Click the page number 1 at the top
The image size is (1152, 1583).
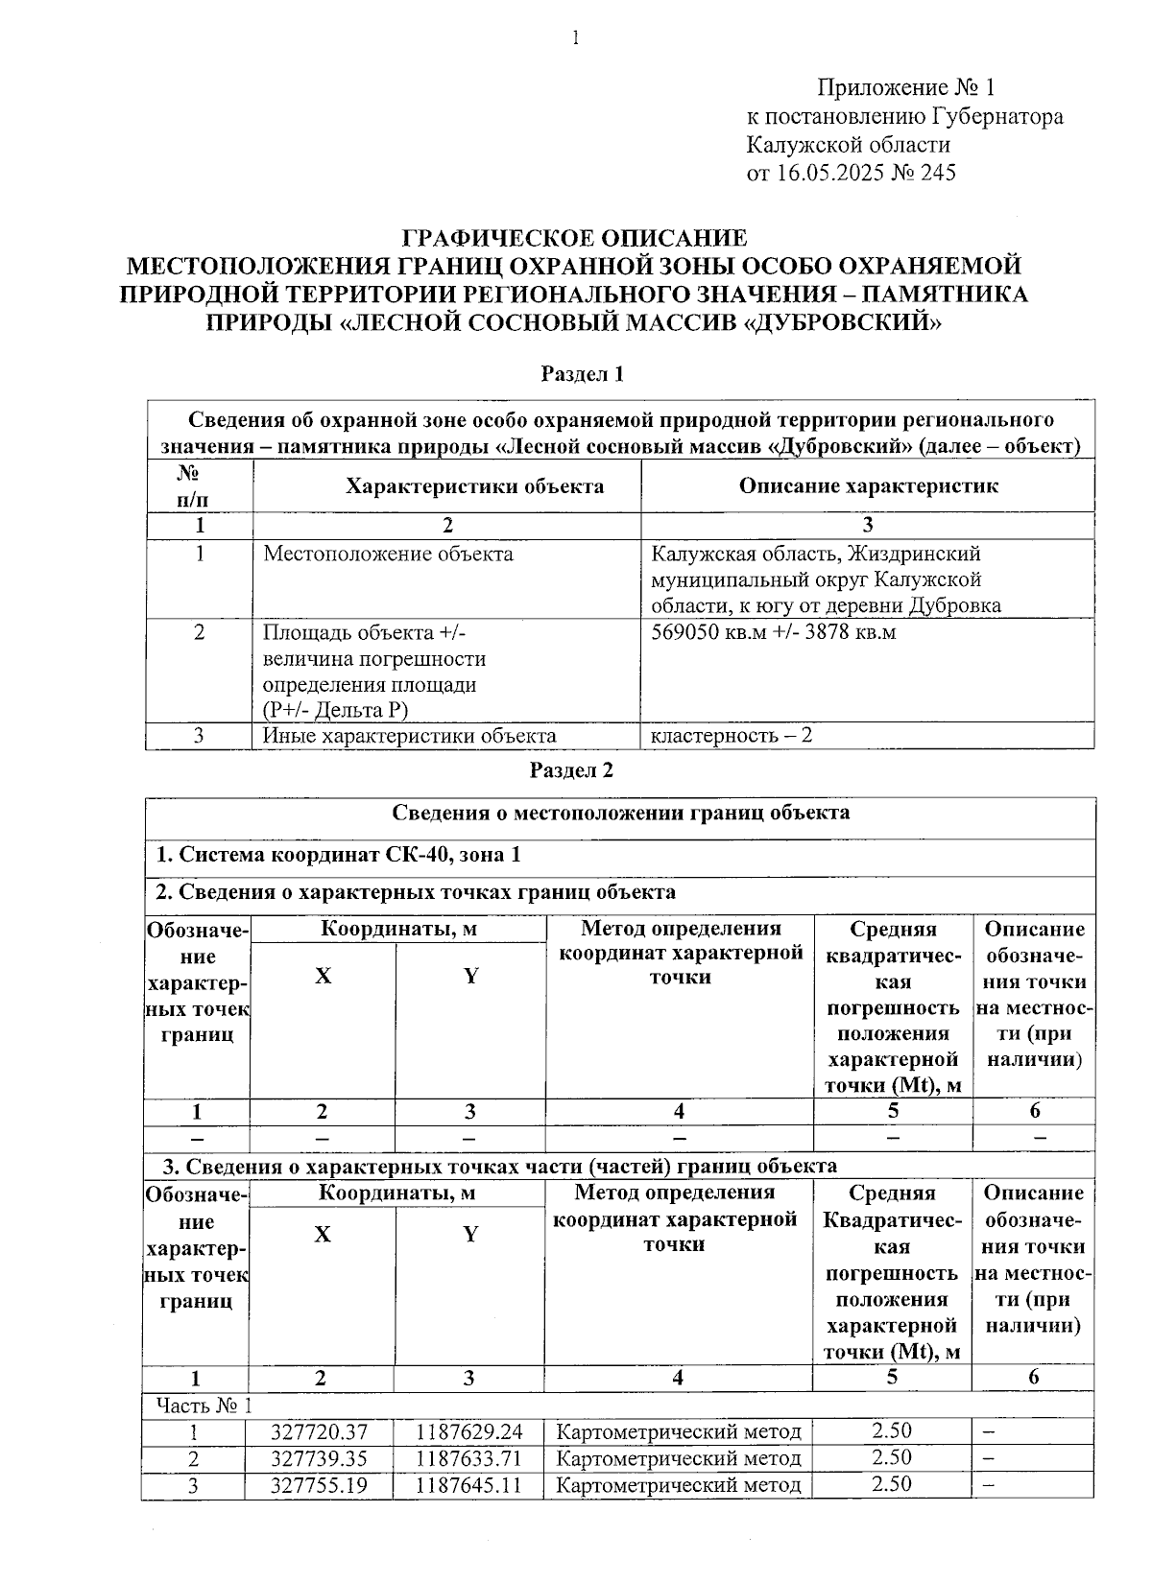575,38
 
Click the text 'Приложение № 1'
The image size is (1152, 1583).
905,88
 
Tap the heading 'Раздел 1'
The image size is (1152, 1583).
583,374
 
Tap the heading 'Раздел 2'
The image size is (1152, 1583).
571,770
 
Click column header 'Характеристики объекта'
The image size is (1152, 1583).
474,485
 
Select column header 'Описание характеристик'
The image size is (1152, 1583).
868,485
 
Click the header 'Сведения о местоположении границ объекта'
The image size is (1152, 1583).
620,813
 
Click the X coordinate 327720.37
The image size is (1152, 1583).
320,1432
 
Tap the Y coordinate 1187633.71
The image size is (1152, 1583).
469,1458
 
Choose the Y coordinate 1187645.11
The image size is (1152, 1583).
469,1484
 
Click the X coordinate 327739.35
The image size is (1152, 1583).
320,1458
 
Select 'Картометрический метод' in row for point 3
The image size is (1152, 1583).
679,1484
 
